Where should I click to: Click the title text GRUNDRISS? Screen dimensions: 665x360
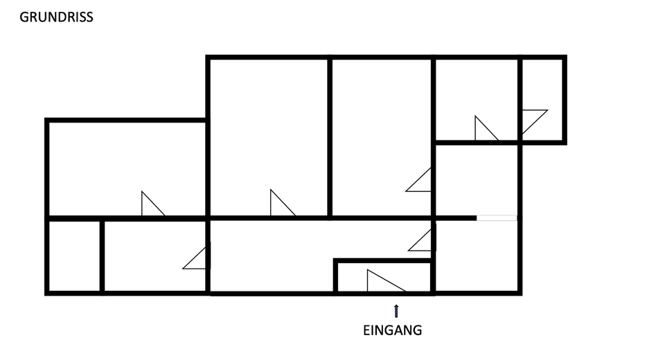[56, 17]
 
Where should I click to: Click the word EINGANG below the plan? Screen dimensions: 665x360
[392, 331]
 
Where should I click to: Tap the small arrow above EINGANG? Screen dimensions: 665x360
[396, 310]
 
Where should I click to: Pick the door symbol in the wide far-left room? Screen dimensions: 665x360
[150, 204]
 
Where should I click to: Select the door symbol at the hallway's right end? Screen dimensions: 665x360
[422, 241]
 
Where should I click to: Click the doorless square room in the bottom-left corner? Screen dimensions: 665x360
[75, 255]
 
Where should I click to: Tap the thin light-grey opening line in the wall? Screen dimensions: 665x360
[497, 218]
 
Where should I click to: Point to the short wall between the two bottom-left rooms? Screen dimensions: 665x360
[102, 255]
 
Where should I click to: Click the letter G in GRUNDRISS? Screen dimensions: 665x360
[24, 17]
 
